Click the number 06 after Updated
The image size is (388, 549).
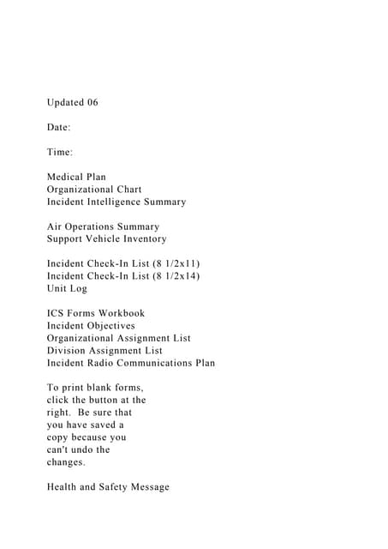93,103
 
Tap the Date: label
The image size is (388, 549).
59,128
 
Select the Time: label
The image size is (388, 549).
60,153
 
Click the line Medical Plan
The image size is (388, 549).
76,178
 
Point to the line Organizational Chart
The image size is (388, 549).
94,190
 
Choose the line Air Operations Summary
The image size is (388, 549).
103,226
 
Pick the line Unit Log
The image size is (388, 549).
67,289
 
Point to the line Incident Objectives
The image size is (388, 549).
91,326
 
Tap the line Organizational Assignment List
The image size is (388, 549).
119,339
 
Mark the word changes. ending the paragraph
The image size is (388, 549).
66,462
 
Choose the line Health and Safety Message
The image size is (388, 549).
108,487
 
